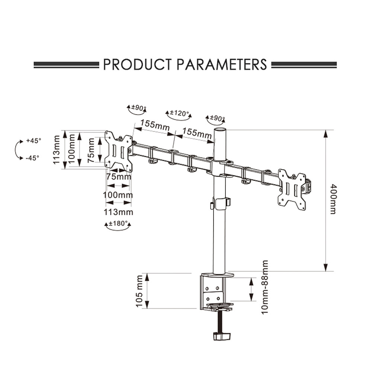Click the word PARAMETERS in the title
coord(222,64)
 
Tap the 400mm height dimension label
coord(333,199)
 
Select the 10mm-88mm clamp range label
coord(265,286)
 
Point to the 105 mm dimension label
coord(140,291)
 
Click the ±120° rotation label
coord(179,112)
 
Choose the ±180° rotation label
coord(118,224)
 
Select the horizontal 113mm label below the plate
coord(119,212)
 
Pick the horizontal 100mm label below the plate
coord(119,195)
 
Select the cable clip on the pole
coord(220,203)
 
